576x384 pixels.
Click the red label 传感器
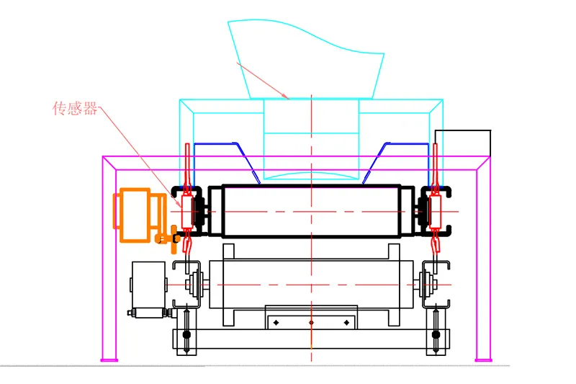tap(75, 109)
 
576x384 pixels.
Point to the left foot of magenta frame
tap(109, 354)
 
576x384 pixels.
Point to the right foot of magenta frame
tap(483, 354)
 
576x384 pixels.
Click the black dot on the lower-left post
tap(186, 334)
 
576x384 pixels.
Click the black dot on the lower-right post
tap(436, 334)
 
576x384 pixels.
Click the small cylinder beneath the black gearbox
tap(150, 313)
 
